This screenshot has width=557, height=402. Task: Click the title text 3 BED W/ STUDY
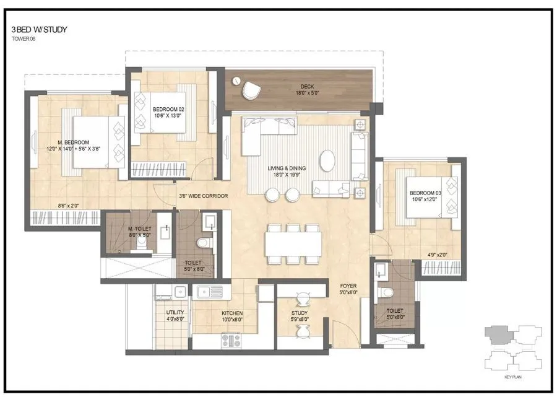[38, 29]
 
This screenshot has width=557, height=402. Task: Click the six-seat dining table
[293, 244]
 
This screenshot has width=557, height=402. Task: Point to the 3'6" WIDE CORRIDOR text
[203, 196]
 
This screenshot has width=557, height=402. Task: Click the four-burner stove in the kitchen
[231, 339]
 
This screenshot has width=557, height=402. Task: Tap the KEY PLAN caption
[512, 376]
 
